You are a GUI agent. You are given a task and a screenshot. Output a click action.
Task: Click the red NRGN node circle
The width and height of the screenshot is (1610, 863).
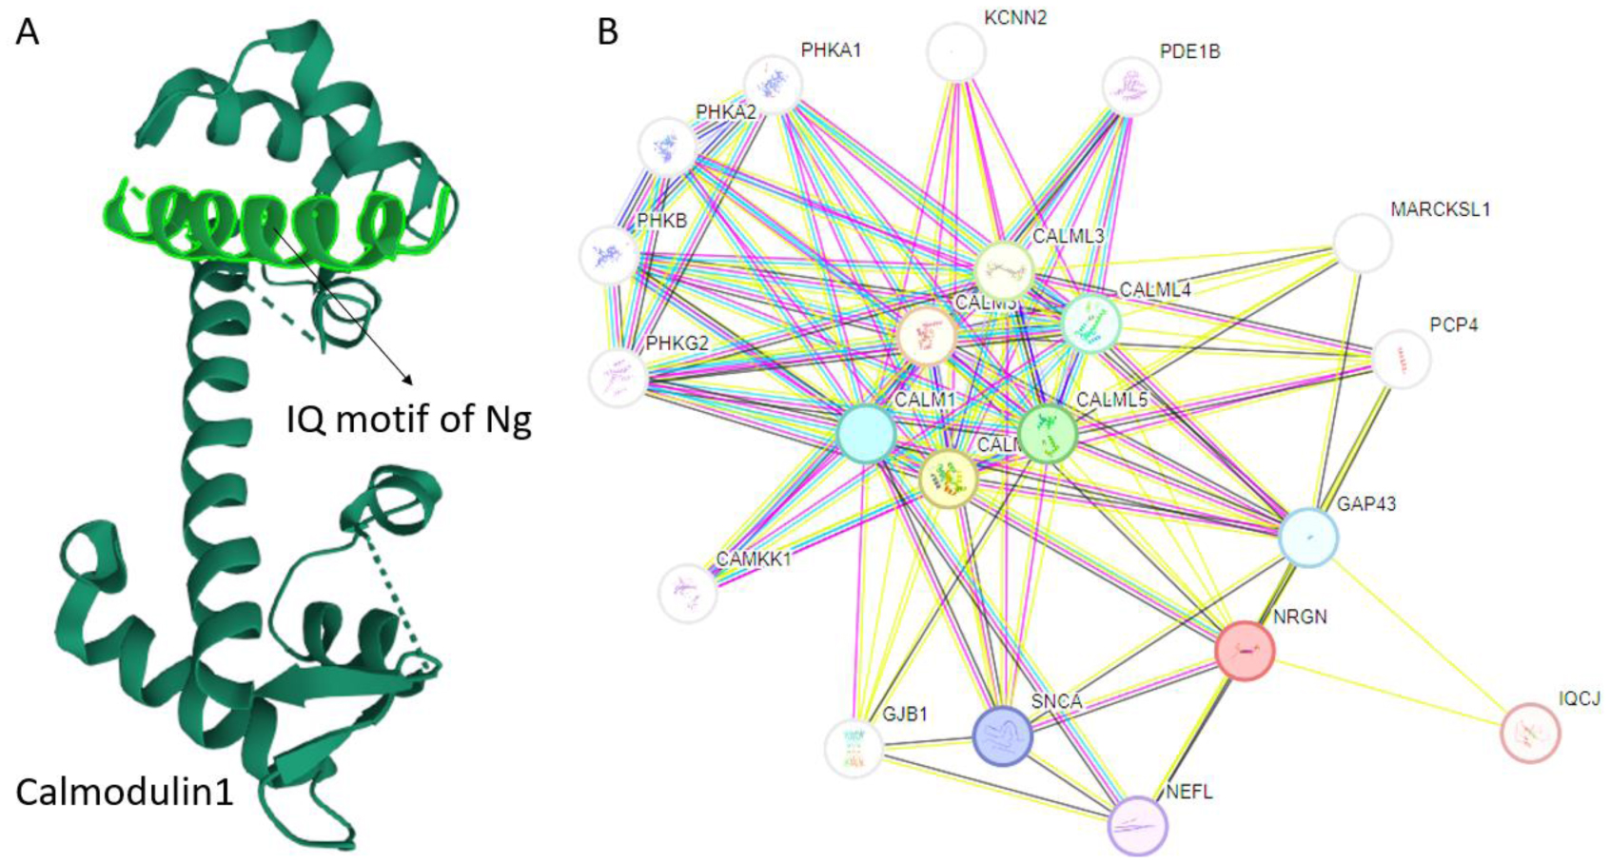1245,651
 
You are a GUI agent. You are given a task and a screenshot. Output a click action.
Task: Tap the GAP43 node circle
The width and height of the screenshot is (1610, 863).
1308,538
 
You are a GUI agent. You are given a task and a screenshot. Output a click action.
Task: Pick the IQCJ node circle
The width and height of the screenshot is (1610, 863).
1530,733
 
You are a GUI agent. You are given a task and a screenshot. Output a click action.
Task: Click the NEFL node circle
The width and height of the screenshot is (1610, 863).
1138,825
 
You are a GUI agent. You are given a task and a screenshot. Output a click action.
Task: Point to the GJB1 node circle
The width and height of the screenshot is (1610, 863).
854,748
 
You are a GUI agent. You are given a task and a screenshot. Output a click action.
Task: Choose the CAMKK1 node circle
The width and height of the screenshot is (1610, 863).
687,592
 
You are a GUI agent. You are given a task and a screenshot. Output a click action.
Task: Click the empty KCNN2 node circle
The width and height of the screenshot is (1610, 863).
955,52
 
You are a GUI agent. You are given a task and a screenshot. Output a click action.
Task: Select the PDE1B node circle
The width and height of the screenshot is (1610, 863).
1131,87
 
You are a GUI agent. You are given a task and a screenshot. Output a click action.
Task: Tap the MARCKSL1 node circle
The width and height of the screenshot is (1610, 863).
1363,244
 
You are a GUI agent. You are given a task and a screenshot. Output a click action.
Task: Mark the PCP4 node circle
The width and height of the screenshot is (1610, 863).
1401,359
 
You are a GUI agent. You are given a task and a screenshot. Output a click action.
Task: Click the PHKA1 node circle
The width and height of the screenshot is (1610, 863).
773,84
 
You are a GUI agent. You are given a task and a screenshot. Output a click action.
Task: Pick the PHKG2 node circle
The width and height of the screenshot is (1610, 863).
618,377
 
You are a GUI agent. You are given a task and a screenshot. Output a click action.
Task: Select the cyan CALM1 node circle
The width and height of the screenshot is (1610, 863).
866,434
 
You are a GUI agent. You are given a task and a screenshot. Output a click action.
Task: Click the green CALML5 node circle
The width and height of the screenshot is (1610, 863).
1048,434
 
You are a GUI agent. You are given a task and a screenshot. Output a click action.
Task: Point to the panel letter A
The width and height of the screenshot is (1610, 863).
28,31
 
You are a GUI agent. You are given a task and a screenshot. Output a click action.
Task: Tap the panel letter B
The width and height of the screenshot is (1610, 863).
607,31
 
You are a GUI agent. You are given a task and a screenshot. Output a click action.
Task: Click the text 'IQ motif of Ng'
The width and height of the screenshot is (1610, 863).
408,419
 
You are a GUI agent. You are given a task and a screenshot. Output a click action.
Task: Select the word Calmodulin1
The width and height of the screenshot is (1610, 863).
125,792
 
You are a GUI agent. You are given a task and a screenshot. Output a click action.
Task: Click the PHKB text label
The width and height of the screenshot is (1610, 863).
661,221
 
